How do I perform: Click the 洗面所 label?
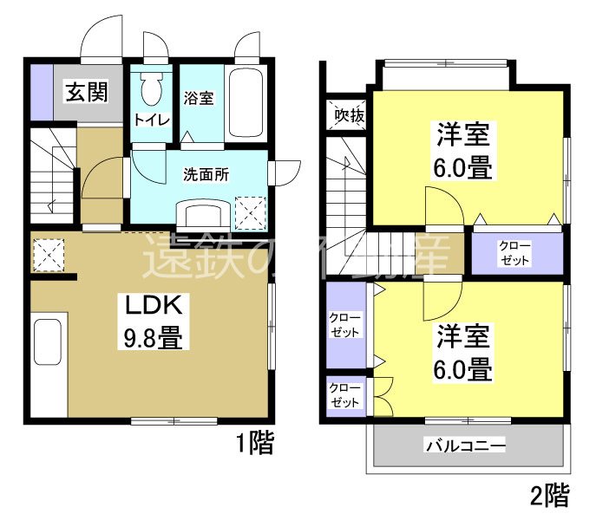[x=206, y=173]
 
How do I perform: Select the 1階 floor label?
[x=254, y=445]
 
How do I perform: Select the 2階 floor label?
[x=549, y=496]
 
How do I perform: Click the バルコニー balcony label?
[x=465, y=446]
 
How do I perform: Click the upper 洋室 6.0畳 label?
[x=463, y=151]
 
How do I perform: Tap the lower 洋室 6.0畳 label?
[x=463, y=353]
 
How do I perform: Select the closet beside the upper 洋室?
[x=515, y=252]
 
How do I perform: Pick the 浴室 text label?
[x=198, y=98]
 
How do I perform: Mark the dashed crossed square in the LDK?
[x=47, y=254]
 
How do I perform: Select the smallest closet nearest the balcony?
[x=344, y=396]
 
